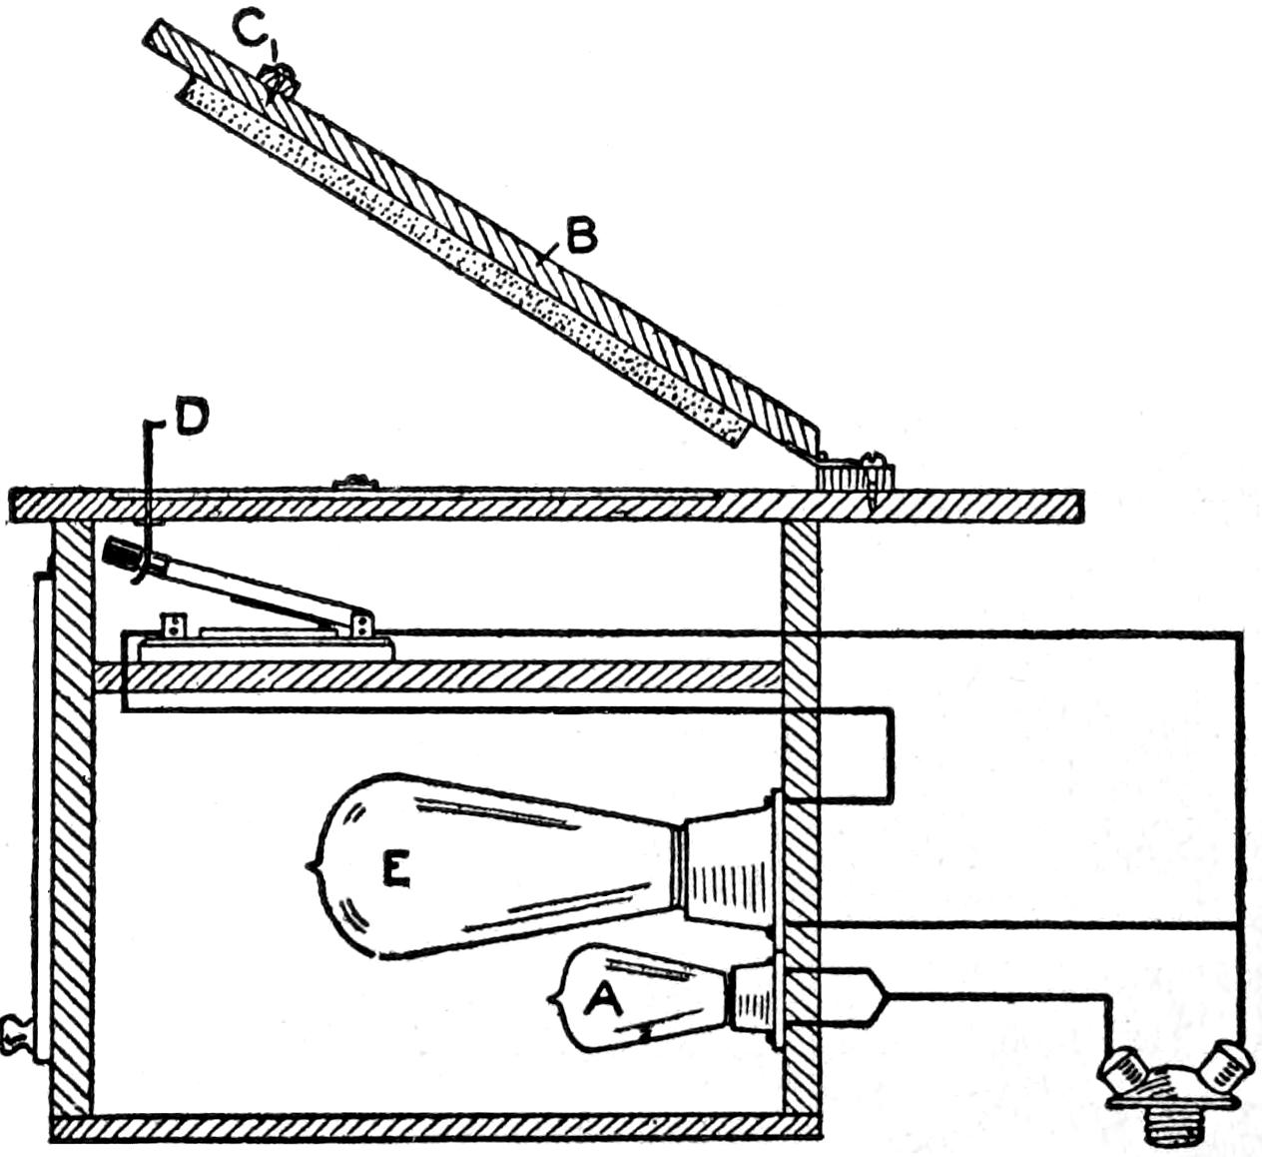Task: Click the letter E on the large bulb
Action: pyautogui.click(x=395, y=872)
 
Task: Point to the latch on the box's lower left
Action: pyautogui.click(x=18, y=1033)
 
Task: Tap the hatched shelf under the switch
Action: pyautogui.click(x=449, y=675)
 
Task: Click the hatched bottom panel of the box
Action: pyautogui.click(x=435, y=1128)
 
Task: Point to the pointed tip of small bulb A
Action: pyautogui.click(x=554, y=996)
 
